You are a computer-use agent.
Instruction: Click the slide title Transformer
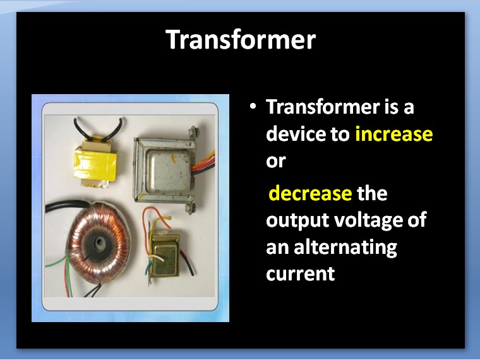point(240,40)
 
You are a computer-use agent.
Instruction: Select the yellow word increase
point(393,134)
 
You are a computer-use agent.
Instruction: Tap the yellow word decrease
point(310,193)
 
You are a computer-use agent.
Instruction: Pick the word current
point(300,274)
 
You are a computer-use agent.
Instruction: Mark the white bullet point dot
point(253,107)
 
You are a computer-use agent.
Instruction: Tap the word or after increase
point(276,160)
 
